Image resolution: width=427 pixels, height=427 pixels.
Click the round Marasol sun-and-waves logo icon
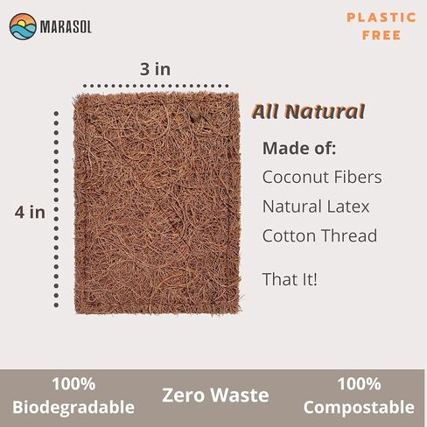coord(23,26)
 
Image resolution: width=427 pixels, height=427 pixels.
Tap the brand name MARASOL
coord(66,27)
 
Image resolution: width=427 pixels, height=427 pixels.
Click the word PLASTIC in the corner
coord(381,17)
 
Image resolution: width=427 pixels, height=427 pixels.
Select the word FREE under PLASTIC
coord(381,35)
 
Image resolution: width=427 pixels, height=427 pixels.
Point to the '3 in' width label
coord(155,69)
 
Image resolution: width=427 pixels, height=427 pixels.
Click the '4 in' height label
coord(30,212)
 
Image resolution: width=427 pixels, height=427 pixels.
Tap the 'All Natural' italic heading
coord(308,111)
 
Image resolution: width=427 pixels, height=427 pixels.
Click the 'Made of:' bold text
coord(299,148)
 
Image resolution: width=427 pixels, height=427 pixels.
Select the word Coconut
coord(296,177)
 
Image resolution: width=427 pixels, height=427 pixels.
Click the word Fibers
coord(358,177)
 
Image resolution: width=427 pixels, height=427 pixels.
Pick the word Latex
coord(348,206)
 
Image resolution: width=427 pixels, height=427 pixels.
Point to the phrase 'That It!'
coord(290,279)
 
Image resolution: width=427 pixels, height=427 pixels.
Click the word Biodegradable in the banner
coord(73,407)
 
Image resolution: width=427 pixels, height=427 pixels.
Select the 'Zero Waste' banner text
coord(215,395)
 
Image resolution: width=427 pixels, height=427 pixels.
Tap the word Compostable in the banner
coord(359,408)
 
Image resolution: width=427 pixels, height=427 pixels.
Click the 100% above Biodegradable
coord(73,384)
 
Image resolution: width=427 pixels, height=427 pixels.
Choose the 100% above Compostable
coord(359,384)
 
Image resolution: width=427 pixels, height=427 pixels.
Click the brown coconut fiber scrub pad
coord(157,203)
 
